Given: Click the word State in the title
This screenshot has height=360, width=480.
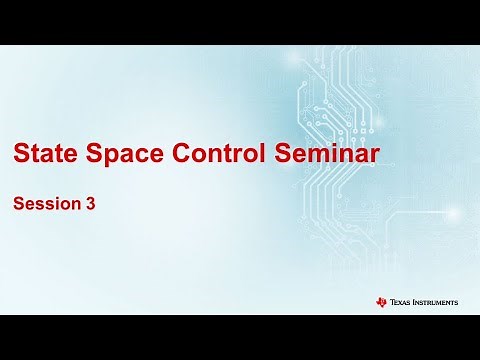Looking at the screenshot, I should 42,155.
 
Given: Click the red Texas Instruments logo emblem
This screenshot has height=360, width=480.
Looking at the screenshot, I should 383,302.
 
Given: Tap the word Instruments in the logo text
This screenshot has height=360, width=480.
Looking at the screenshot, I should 436,302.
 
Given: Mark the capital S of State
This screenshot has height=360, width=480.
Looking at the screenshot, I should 20,155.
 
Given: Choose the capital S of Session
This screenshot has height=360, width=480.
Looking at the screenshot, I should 17,204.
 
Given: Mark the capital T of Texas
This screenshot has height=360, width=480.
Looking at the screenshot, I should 393,302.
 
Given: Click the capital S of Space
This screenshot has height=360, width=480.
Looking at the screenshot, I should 91,155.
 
